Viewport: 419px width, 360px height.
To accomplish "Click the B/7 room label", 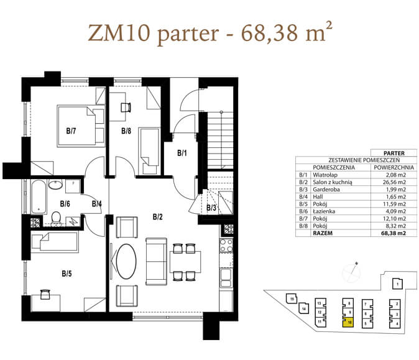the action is pyautogui.click(x=71, y=131).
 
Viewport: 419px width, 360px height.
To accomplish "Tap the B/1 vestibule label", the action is pyautogui.click(x=182, y=153).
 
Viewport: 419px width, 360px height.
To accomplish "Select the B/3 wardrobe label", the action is pyautogui.click(x=211, y=208).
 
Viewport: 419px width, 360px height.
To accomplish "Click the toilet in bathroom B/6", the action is pyautogui.click(x=56, y=217).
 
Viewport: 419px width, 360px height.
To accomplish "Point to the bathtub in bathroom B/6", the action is pyautogui.click(x=39, y=196).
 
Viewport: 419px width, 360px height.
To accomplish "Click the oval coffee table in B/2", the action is pyautogui.click(x=126, y=261).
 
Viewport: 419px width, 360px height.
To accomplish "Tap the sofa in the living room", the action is pyautogui.click(x=156, y=261).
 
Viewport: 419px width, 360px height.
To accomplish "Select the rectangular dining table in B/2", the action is pyautogui.click(x=185, y=262).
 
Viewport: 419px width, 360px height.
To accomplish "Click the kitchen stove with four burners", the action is pyautogui.click(x=226, y=246).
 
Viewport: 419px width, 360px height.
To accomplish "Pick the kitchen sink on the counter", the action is pyautogui.click(x=226, y=278).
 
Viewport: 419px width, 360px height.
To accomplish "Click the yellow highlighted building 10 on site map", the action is pyautogui.click(x=348, y=322).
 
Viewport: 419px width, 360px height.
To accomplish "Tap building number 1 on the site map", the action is pyautogui.click(x=397, y=284).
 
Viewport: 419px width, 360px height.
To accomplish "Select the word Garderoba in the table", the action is pyautogui.click(x=326, y=190).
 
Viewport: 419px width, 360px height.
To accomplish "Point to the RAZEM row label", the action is pyautogui.click(x=323, y=233).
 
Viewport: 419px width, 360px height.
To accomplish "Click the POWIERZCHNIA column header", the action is pyautogui.click(x=394, y=168).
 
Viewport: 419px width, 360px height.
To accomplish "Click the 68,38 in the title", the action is pyautogui.click(x=270, y=33).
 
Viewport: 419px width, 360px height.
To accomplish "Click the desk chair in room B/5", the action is pyautogui.click(x=45, y=294).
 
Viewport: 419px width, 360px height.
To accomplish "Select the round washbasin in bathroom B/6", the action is pyautogui.click(x=55, y=185).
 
